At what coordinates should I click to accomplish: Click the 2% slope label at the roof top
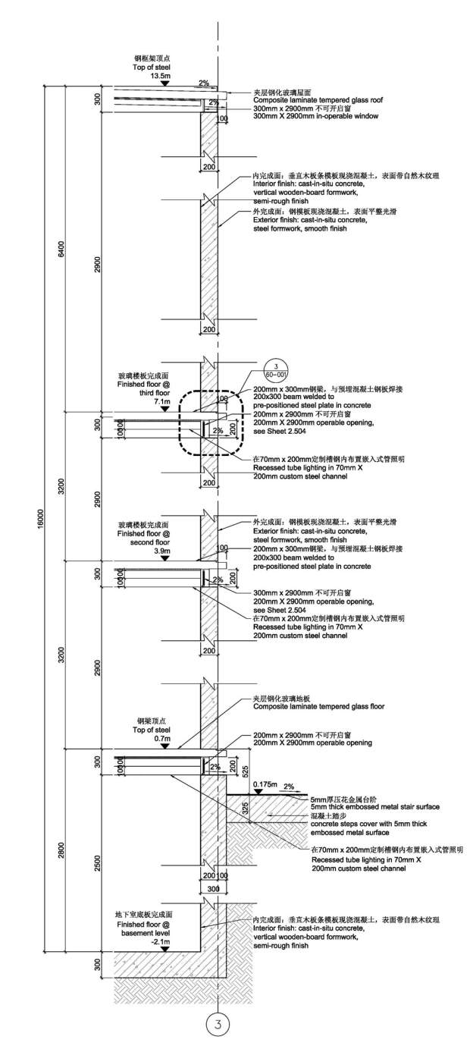tap(203, 83)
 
